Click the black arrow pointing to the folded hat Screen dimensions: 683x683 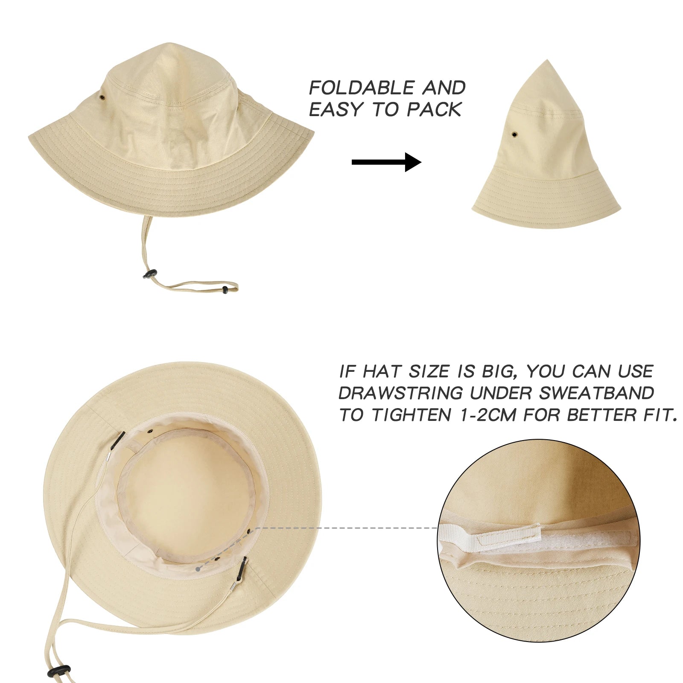point(386,162)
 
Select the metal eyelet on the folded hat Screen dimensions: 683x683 point(514,135)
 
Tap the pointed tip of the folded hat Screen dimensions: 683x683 point(548,62)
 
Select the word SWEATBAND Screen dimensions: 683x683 point(596,393)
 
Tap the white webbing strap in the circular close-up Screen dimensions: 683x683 point(491,536)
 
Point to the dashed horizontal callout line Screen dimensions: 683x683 point(346,528)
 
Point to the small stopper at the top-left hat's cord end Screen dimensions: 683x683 point(225,290)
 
